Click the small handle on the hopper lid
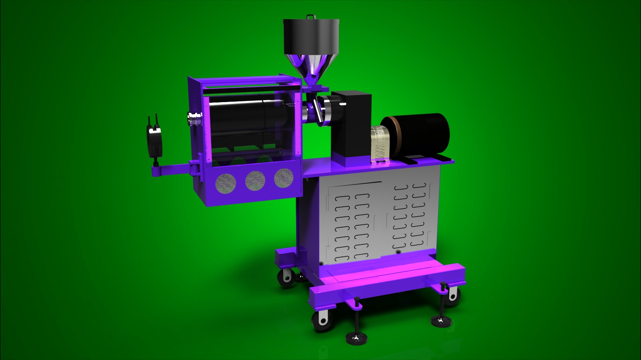(310, 17)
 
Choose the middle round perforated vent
(255, 180)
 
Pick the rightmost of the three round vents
(284, 177)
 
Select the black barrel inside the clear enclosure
(244, 116)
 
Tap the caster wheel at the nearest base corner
(321, 320)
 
